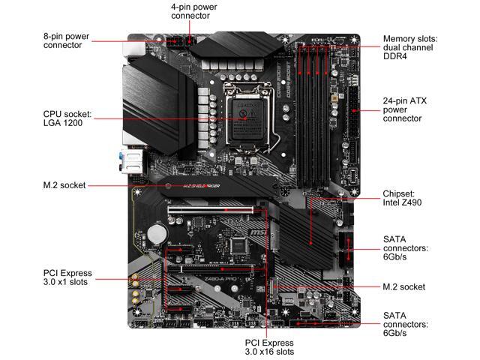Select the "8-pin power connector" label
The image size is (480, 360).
click(x=67, y=40)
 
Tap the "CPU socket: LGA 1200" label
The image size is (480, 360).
click(x=67, y=118)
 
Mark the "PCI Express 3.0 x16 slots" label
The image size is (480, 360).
click(x=269, y=346)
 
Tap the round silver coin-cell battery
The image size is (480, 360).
click(x=155, y=234)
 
